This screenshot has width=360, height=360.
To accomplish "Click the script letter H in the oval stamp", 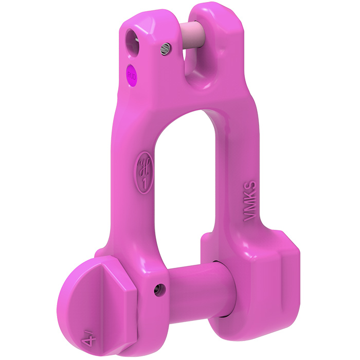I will coord(143,166).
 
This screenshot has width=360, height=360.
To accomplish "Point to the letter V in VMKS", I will coord(250,218).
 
